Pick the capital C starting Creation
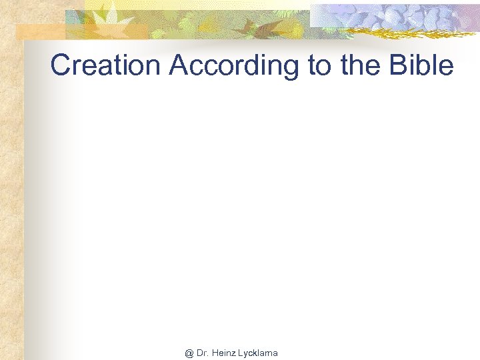pyautogui.click(x=61, y=65)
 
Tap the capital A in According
pyautogui.click(x=178, y=65)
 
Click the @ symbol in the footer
pyautogui.click(x=189, y=353)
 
